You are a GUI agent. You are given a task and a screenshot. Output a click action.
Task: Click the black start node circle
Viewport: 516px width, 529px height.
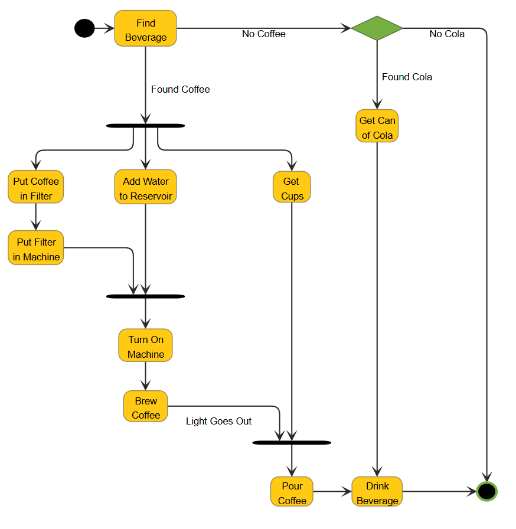[84, 28]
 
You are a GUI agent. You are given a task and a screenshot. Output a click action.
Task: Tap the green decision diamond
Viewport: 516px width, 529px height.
[377, 28]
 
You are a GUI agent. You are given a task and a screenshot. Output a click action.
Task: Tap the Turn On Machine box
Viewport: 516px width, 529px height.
[145, 346]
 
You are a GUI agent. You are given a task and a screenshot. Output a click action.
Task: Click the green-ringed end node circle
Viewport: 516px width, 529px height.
[486, 491]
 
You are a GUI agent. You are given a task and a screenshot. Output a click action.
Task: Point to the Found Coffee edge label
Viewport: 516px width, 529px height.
[180, 89]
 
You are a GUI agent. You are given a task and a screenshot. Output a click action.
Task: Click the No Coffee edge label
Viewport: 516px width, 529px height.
[263, 34]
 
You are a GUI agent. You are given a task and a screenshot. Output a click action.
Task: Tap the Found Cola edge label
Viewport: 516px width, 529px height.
[407, 77]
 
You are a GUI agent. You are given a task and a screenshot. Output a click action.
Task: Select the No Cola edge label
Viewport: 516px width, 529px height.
[447, 34]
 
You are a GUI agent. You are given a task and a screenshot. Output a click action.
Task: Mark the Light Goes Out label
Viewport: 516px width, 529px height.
[218, 421]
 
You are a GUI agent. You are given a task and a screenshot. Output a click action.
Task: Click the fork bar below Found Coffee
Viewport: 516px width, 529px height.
[145, 126]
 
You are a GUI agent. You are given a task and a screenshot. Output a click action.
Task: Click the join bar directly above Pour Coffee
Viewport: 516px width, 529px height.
[292, 442]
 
